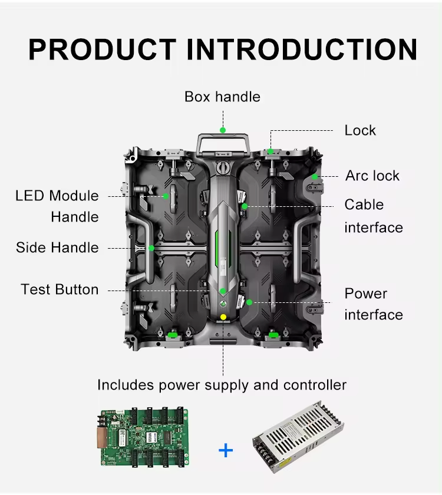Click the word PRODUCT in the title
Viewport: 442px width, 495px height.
[103, 49]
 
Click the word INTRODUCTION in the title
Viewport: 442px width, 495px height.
[302, 49]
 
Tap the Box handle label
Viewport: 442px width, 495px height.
[222, 97]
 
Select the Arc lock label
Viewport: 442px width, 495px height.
[372, 176]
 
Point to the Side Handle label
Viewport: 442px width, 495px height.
[57, 247]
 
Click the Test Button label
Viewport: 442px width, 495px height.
[60, 289]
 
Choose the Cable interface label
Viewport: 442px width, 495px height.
[374, 216]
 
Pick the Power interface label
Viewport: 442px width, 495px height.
[374, 304]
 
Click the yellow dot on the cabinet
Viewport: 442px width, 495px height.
[223, 317]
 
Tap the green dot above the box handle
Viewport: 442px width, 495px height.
[223, 130]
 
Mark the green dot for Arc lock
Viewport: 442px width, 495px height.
[315, 177]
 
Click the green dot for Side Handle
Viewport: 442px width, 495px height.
[151, 248]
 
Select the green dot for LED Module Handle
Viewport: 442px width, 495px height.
[166, 196]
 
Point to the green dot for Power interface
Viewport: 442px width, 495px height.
[249, 302]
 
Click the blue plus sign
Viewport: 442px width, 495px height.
[226, 450]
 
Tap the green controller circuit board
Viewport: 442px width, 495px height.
[144, 437]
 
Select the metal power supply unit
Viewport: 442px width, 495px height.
[298, 437]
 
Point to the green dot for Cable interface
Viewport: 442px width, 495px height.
[245, 206]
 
